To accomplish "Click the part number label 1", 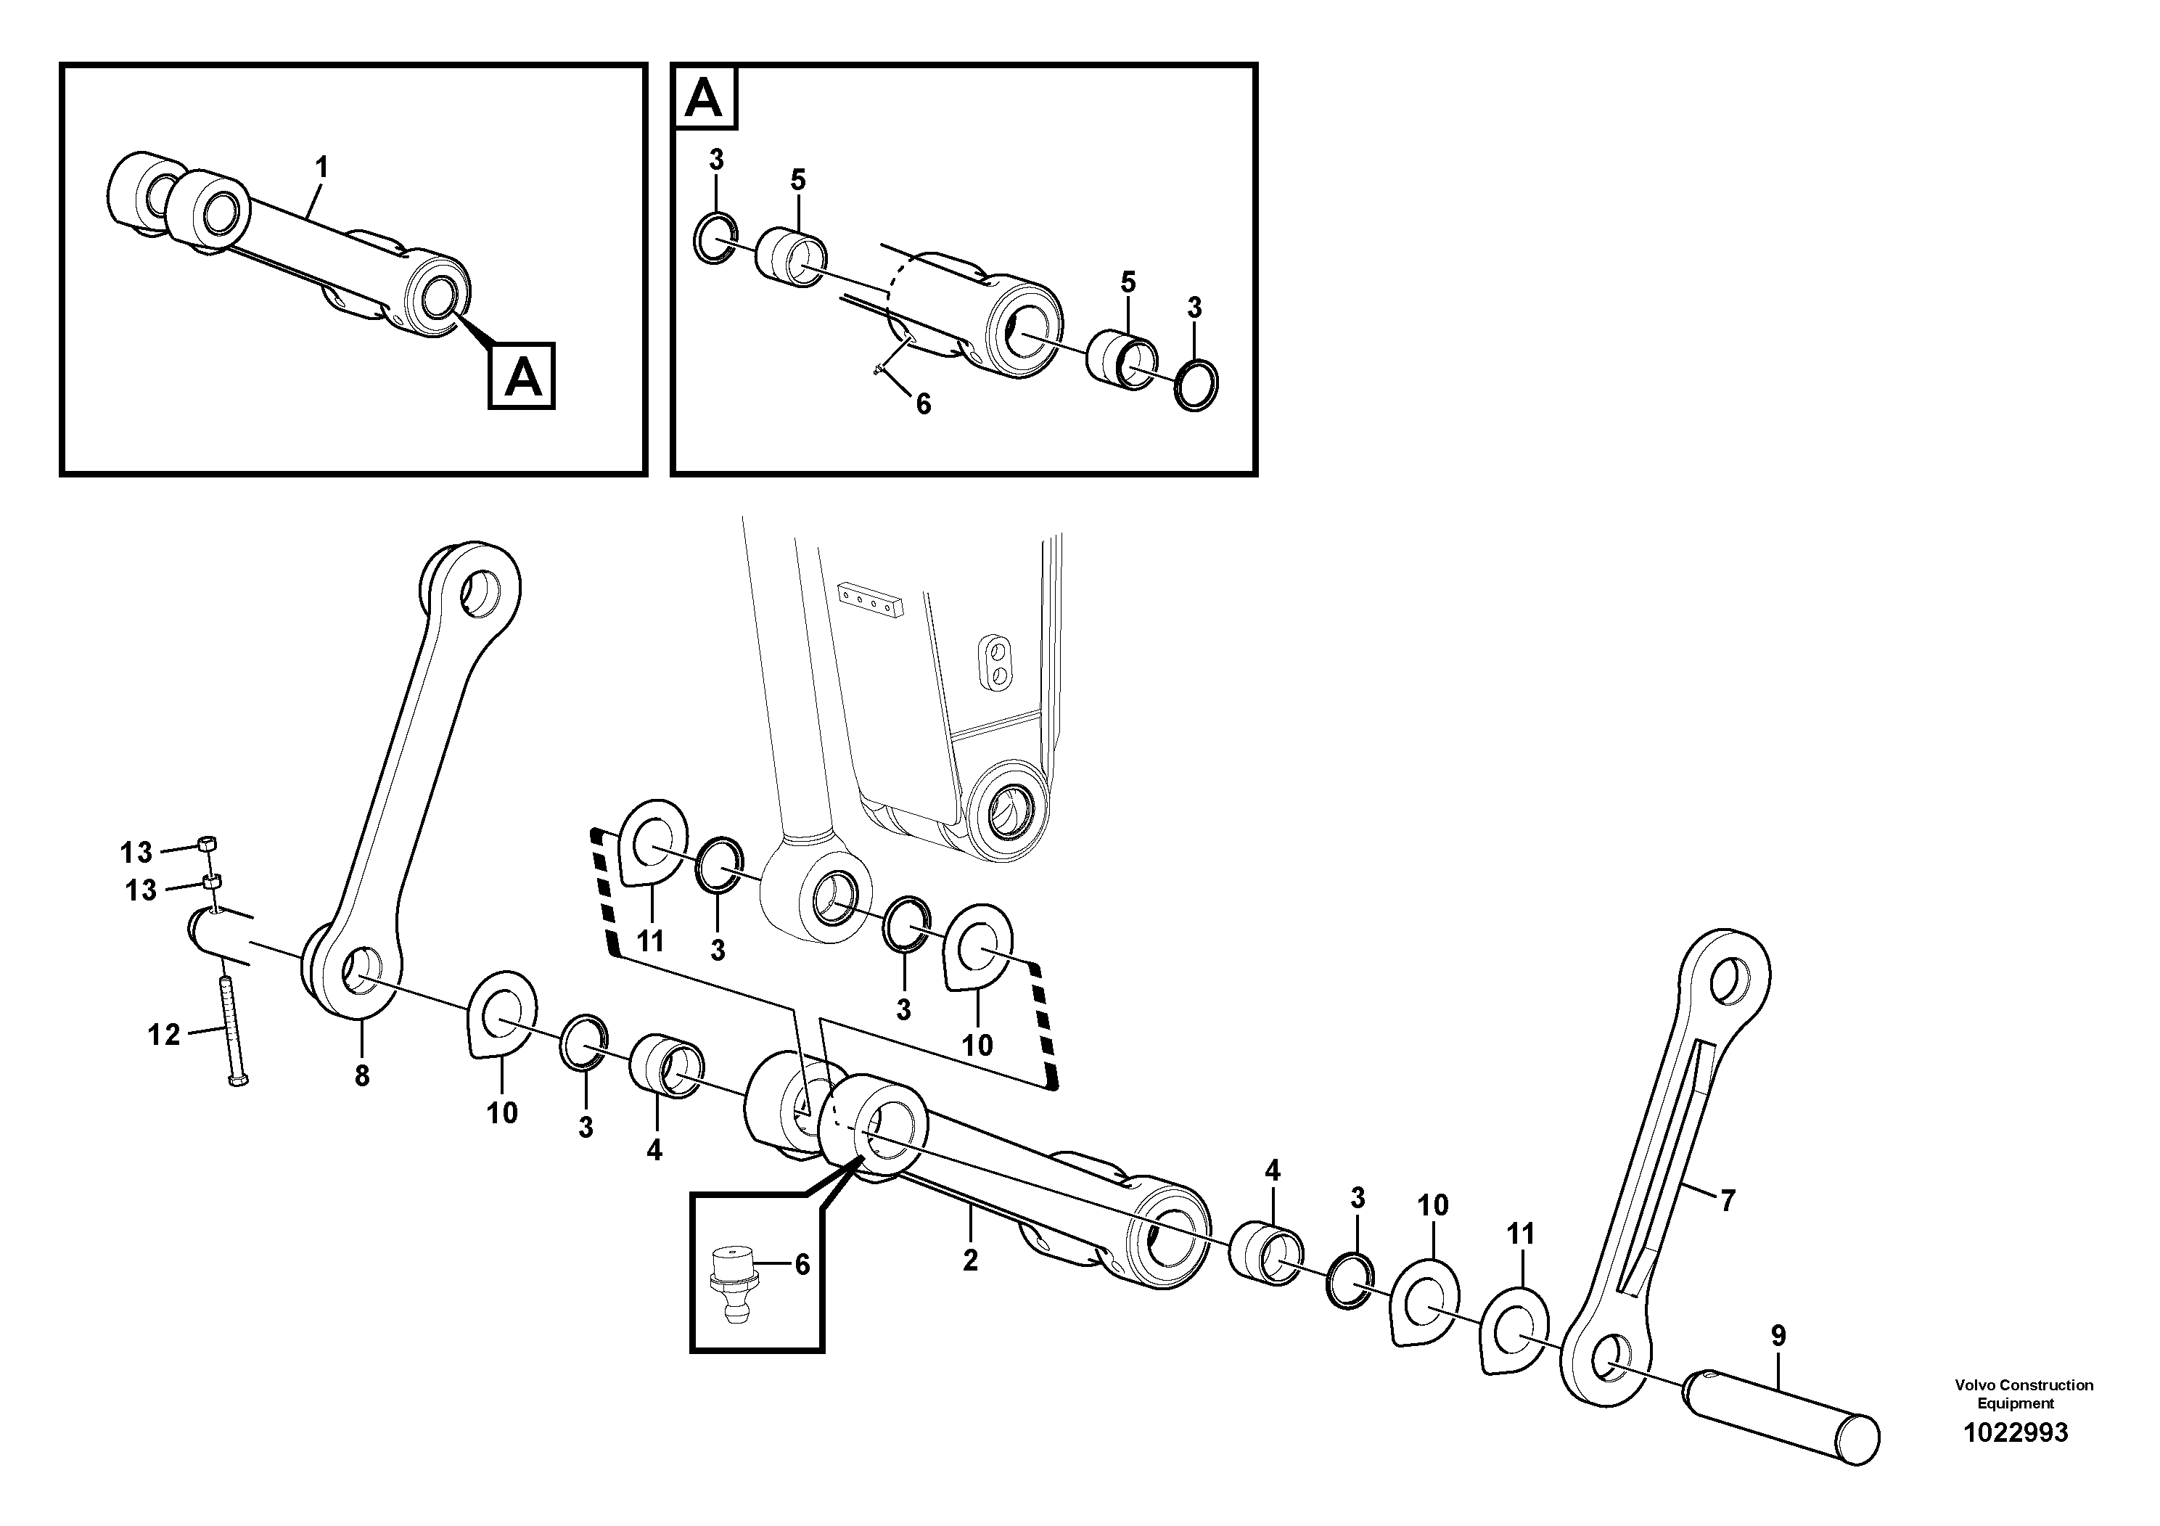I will point(321,168).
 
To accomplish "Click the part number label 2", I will point(970,1260).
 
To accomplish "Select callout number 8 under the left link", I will point(362,1075).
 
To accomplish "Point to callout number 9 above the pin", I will point(1777,1336).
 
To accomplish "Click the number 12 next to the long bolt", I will point(164,1035).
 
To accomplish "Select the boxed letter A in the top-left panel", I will point(522,377).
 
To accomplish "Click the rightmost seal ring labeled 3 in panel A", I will point(1196,384).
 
